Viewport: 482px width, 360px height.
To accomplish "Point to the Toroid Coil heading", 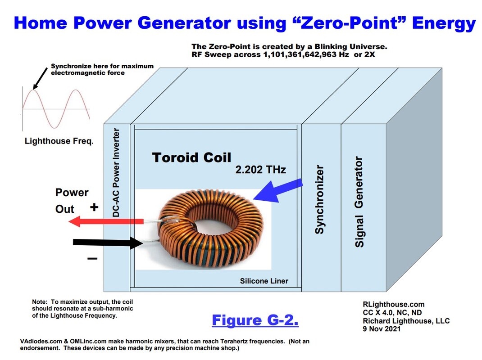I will point(191,157).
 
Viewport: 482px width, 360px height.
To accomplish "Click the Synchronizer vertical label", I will point(319,199).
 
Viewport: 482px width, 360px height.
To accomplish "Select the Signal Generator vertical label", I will point(359,201).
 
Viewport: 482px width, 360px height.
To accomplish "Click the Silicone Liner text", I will point(264,281).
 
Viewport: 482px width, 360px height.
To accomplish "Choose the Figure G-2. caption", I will point(255,320).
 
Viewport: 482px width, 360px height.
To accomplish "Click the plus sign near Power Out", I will point(94,207).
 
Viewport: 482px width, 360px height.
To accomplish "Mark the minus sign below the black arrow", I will point(92,259).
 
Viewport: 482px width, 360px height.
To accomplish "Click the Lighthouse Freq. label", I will point(59,141).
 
